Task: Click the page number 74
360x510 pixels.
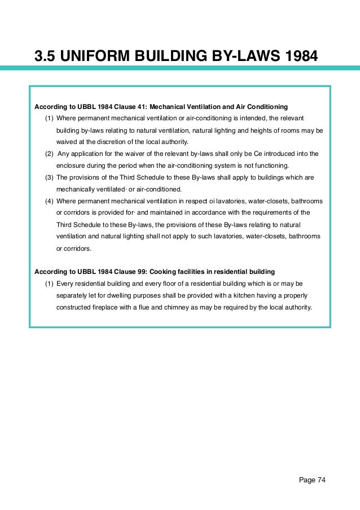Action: [321, 481]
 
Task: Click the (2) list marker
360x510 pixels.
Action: [49, 154]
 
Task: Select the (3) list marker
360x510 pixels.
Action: [49, 177]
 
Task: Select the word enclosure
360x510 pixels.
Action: [71, 165]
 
